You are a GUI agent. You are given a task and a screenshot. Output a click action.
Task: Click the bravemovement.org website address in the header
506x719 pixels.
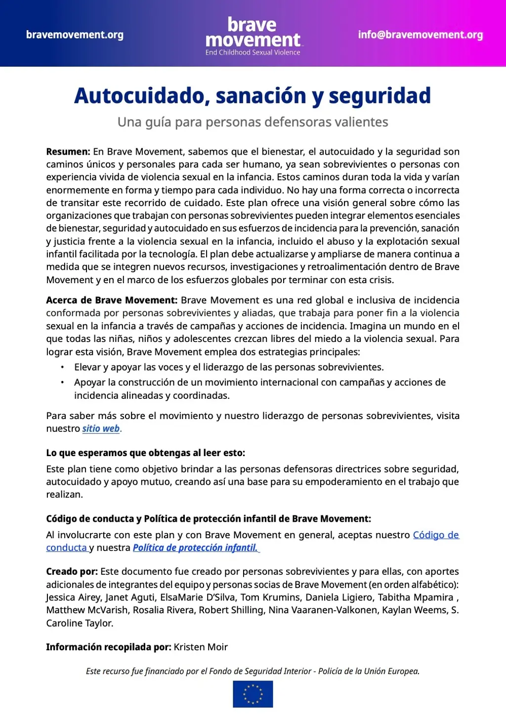pyautogui.click(x=75, y=35)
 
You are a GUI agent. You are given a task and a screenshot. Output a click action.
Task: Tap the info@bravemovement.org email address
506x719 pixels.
pyautogui.click(x=421, y=35)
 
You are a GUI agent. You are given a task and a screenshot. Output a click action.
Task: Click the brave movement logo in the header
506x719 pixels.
pyautogui.click(x=253, y=32)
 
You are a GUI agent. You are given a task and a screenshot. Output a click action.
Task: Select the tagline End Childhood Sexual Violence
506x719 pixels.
pyautogui.click(x=253, y=52)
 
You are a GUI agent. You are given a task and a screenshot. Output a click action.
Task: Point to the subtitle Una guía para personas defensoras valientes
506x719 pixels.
pyautogui.click(x=253, y=122)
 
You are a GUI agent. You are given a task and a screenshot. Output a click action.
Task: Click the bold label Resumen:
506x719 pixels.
pyautogui.click(x=68, y=152)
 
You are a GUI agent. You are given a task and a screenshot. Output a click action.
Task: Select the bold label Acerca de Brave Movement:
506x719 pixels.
pyautogui.click(x=112, y=300)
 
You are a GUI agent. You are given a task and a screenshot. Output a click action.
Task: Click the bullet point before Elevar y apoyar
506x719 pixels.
pyautogui.click(x=62, y=367)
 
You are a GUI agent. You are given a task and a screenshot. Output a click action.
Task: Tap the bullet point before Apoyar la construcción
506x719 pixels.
pyautogui.click(x=62, y=382)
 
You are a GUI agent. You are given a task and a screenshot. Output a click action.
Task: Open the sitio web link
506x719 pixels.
pyautogui.click(x=101, y=428)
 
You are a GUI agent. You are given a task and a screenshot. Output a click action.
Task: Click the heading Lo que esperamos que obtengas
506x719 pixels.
pyautogui.click(x=145, y=453)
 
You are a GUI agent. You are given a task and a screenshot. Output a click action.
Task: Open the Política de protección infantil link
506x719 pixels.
pyautogui.click(x=195, y=548)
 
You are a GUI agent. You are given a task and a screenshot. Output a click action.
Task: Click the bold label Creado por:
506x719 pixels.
pyautogui.click(x=72, y=571)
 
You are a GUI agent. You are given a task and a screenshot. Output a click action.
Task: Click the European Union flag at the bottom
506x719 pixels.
pyautogui.click(x=253, y=694)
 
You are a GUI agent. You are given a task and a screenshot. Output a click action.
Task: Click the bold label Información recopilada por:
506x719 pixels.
pyautogui.click(x=109, y=647)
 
